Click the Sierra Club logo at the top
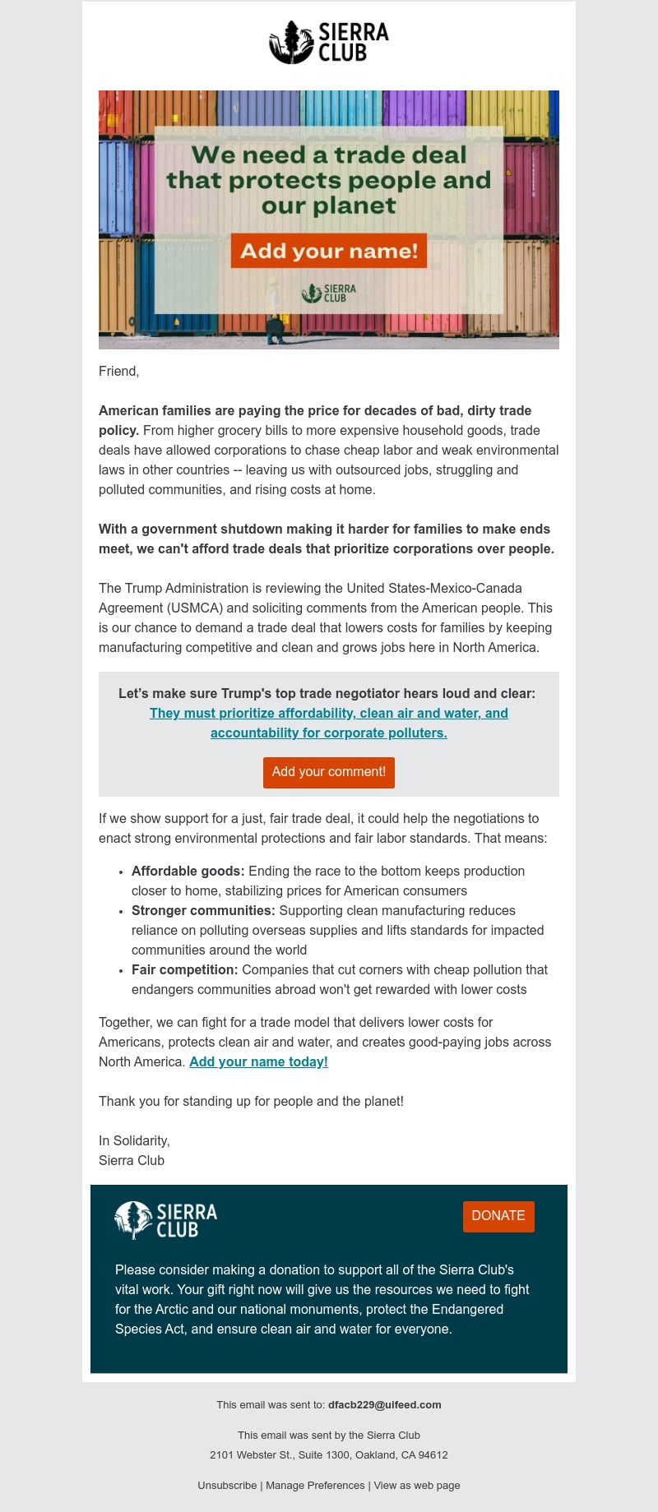pos(329,43)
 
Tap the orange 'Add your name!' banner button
pos(329,251)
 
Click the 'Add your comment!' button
pos(329,772)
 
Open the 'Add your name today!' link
pos(258,1061)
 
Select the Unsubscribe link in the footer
pos(227,1485)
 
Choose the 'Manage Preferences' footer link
pos(315,1485)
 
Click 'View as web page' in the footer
pos(417,1485)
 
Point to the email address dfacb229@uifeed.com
pos(385,1404)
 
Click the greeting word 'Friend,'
pos(119,371)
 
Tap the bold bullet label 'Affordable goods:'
pos(188,871)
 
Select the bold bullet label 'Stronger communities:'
pos(203,910)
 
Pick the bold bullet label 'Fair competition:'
pos(185,969)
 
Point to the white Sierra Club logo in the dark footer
pos(166,1220)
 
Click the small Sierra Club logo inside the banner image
pos(329,293)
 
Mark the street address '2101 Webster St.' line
pos(329,1454)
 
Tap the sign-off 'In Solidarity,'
pos(134,1140)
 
